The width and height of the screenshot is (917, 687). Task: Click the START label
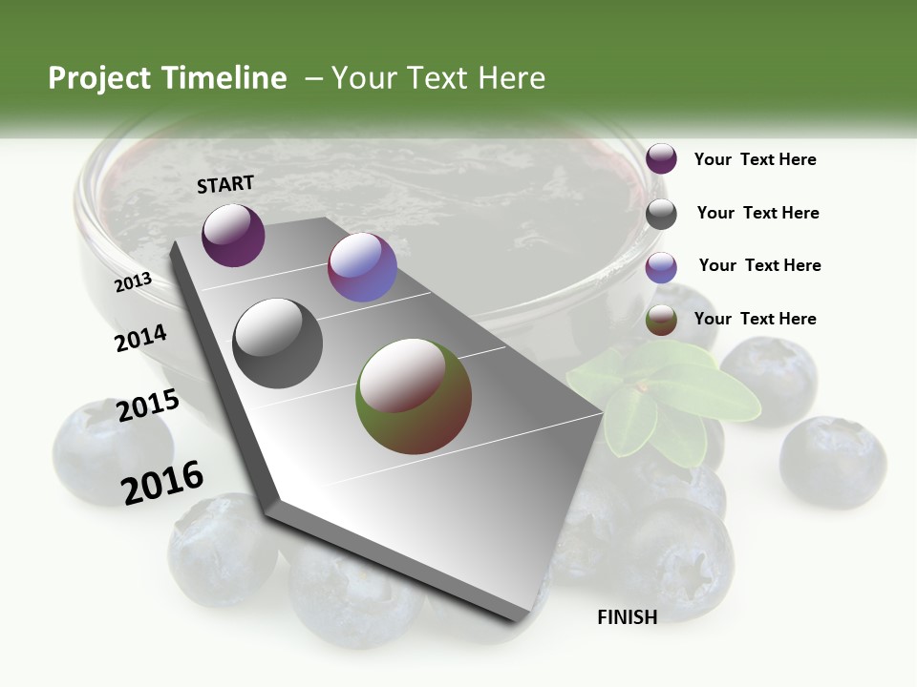(225, 184)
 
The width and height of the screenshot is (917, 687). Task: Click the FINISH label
(627, 617)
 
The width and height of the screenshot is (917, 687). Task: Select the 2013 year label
(134, 281)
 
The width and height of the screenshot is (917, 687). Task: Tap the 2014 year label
(140, 338)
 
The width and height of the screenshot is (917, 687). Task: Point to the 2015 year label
(148, 405)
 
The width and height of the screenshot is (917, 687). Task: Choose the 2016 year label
(162, 482)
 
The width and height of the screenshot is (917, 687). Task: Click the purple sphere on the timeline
(233, 236)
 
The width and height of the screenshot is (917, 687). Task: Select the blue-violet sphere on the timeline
(362, 267)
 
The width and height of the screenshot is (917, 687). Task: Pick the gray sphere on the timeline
(278, 343)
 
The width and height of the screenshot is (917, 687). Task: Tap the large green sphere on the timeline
(414, 396)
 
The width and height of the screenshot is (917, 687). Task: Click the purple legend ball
(661, 159)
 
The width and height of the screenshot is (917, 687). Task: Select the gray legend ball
(661, 214)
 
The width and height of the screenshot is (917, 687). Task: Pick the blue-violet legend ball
(661, 267)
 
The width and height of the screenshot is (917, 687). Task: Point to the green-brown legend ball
(661, 321)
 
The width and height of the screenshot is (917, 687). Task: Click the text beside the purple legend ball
(755, 159)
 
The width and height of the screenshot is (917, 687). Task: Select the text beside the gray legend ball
(757, 213)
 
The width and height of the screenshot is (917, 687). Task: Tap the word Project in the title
(100, 78)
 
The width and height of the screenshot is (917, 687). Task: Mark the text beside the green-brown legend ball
(755, 319)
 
